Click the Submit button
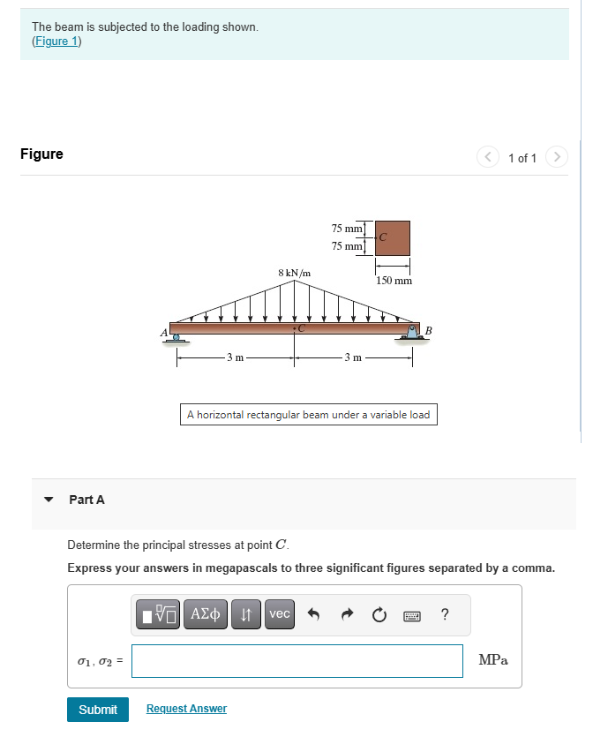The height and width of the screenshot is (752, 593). click(x=98, y=710)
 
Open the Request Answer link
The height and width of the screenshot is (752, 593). click(x=186, y=709)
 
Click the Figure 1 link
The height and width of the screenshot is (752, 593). click(x=56, y=41)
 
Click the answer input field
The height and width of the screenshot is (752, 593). click(x=297, y=661)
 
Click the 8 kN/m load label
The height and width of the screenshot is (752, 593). click(x=294, y=273)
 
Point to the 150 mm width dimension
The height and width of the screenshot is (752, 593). click(x=394, y=281)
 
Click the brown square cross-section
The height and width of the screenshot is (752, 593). click(x=393, y=238)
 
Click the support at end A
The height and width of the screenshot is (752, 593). click(x=176, y=337)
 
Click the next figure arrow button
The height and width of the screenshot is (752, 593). click(x=555, y=157)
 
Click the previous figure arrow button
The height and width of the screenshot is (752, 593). click(x=488, y=157)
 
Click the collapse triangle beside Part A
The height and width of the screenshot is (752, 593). click(x=50, y=500)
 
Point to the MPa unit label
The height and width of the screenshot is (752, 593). click(x=492, y=660)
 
